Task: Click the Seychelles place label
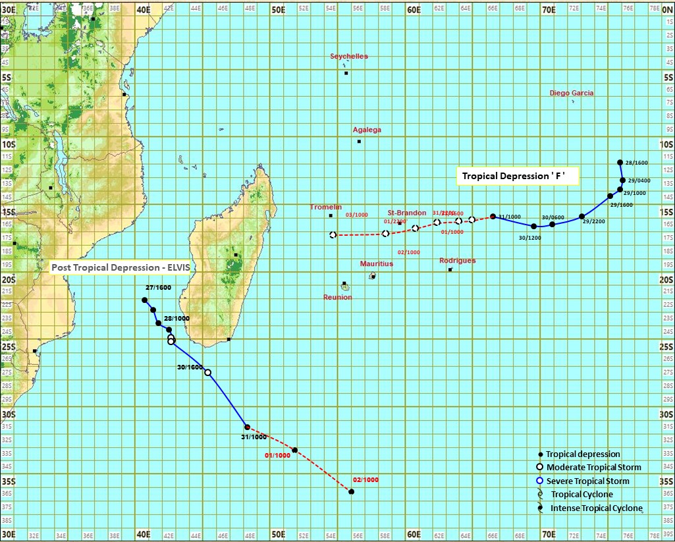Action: pyautogui.click(x=349, y=57)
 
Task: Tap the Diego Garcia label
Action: pyautogui.click(x=572, y=93)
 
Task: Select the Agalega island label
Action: pyautogui.click(x=367, y=130)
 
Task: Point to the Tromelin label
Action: pyautogui.click(x=326, y=207)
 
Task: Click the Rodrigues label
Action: pyautogui.click(x=457, y=261)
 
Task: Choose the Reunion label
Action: pyautogui.click(x=337, y=297)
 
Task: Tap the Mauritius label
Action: pyautogui.click(x=376, y=263)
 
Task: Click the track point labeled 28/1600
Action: pyautogui.click(x=620, y=162)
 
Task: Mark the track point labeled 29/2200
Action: pyautogui.click(x=581, y=216)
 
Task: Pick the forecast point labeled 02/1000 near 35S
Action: pyautogui.click(x=352, y=492)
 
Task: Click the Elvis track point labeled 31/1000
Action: pyautogui.click(x=247, y=427)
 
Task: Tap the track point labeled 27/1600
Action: pyautogui.click(x=145, y=300)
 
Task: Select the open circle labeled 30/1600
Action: pyautogui.click(x=208, y=373)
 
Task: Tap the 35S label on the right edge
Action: pyautogui.click(x=665, y=481)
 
